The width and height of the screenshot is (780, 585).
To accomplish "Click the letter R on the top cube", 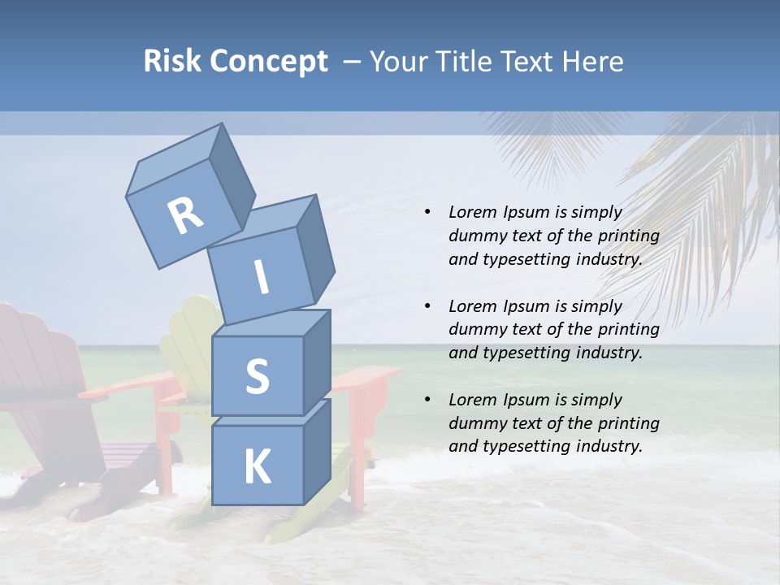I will point(185,216).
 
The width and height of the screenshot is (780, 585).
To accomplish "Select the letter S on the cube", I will point(257,375).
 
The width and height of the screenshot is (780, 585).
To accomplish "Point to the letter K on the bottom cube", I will point(257,467).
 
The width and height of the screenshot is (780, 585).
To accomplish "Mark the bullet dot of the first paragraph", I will point(427,212).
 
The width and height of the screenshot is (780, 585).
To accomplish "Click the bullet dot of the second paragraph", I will point(427,306).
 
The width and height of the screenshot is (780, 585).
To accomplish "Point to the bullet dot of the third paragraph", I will point(427,400).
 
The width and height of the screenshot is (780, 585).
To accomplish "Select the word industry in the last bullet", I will point(609,446).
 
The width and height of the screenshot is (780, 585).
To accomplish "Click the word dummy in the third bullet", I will point(474,423).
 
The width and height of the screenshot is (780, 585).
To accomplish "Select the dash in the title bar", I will point(353,62).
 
